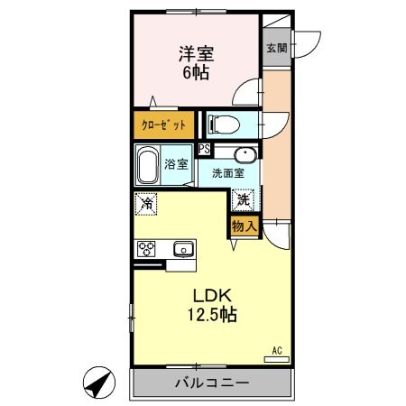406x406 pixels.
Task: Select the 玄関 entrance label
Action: pyautogui.click(x=275, y=49)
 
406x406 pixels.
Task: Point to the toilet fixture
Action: pyautogui.click(x=224, y=124)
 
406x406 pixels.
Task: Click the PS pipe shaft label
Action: pyautogui.click(x=205, y=150)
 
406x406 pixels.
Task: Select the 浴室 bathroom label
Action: pyautogui.click(x=177, y=164)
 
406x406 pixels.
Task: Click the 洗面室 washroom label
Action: pyautogui.click(x=229, y=171)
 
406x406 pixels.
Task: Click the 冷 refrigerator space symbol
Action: pyautogui.click(x=145, y=204)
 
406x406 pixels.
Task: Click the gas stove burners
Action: pyautogui.click(x=147, y=248)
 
